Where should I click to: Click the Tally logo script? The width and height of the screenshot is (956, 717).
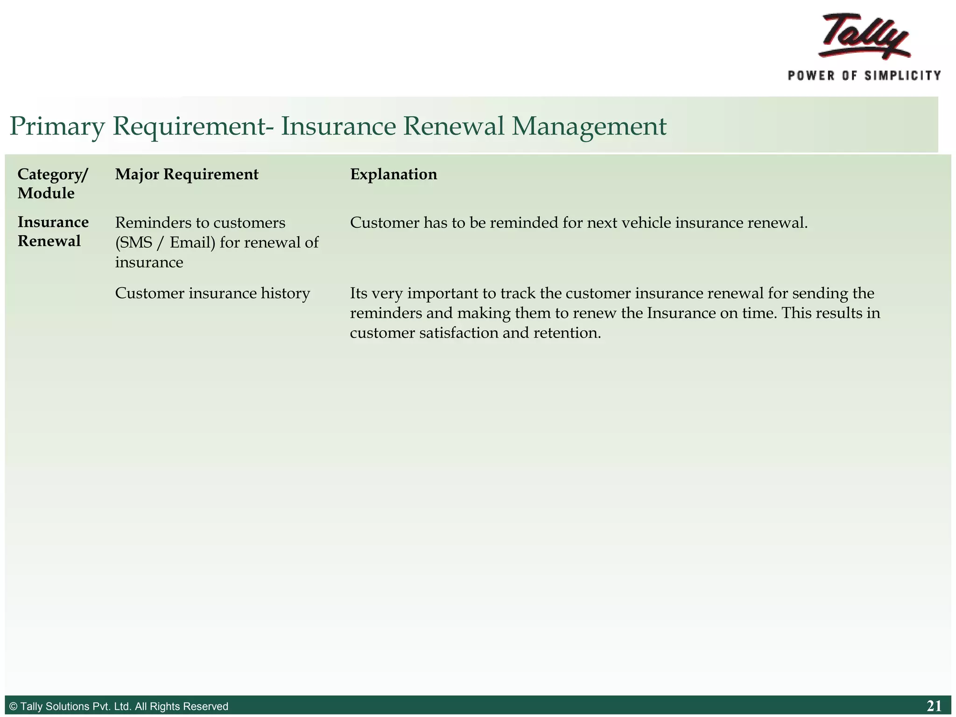pos(865,36)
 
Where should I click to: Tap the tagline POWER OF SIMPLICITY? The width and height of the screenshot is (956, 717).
pos(864,76)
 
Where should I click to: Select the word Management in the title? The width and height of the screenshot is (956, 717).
pos(589,127)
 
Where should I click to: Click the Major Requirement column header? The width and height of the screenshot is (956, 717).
pos(187,174)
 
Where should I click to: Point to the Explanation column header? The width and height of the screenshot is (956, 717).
pos(394,174)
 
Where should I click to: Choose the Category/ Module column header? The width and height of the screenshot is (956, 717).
pos(52,183)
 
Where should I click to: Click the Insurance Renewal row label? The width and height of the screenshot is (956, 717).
pos(53,232)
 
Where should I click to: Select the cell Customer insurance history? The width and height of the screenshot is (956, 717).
pos(212,293)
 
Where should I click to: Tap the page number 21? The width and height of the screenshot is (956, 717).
pos(934,706)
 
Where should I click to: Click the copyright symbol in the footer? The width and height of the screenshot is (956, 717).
pos(13,706)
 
